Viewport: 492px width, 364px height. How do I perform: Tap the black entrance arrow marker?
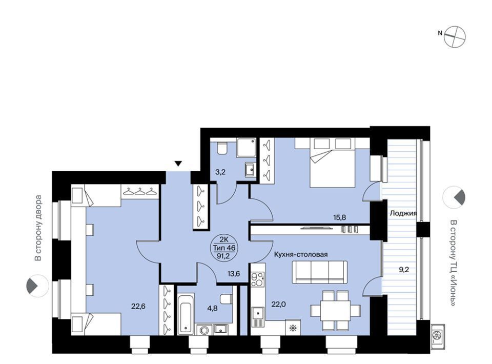coord(178,164)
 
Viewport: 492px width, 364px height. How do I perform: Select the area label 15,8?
coord(339,217)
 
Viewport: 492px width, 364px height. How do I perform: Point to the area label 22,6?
coord(138,307)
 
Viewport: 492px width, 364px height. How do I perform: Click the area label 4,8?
coord(212,308)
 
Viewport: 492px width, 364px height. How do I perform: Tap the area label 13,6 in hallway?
coord(234,274)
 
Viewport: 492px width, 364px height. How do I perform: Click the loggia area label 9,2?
coord(404,269)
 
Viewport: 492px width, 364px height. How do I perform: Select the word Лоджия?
coord(403,213)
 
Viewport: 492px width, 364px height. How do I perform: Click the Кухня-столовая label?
coord(301,254)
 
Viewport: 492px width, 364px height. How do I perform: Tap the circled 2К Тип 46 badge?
coord(224,248)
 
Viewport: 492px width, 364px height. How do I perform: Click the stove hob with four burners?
coord(258,279)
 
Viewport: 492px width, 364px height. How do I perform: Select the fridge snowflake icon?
coord(293,328)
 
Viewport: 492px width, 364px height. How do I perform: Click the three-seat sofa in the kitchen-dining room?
coord(320,272)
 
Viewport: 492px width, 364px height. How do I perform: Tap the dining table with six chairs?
coord(335,311)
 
